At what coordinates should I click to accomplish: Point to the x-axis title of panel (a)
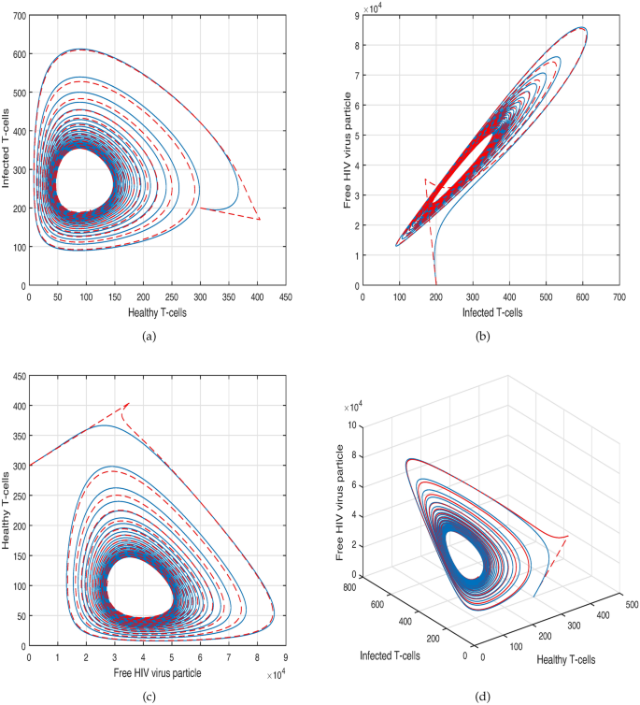[162, 310]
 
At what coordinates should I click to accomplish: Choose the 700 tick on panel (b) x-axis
[619, 296]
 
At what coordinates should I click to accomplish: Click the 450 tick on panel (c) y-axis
[16, 377]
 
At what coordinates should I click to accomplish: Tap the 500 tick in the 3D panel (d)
[621, 601]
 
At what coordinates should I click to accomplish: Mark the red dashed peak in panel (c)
[127, 403]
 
